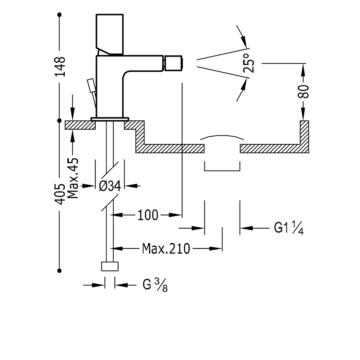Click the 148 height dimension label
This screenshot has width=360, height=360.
pyautogui.click(x=60, y=66)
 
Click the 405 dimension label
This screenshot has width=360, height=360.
pyautogui.click(x=60, y=194)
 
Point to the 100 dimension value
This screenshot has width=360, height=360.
pyautogui.click(x=147, y=215)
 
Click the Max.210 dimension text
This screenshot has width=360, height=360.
pyautogui.click(x=166, y=248)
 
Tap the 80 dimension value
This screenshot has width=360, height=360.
pyautogui.click(x=304, y=91)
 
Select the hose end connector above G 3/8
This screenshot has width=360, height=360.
pyautogui.click(x=109, y=266)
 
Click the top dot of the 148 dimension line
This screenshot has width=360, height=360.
pyautogui.click(x=60, y=15)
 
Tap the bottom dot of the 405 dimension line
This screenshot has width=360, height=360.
pyautogui.click(x=60, y=270)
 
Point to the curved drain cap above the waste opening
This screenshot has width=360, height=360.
pyautogui.click(x=222, y=137)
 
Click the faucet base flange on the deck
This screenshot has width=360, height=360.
pyautogui.click(x=110, y=118)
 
